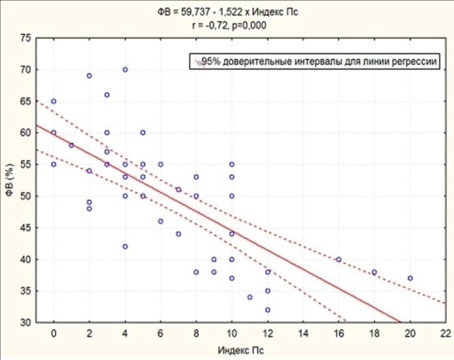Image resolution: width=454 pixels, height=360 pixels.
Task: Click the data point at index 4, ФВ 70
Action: point(125,70)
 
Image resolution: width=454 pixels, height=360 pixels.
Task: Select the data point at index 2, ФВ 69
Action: point(89,76)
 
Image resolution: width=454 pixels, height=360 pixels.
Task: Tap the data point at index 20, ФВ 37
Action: point(410,278)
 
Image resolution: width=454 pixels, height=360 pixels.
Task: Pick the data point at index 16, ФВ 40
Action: point(339,260)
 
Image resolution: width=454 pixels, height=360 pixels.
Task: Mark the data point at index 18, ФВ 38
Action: point(374,272)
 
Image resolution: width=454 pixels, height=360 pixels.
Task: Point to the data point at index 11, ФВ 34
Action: point(250,297)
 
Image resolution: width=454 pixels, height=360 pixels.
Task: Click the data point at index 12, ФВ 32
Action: point(267,310)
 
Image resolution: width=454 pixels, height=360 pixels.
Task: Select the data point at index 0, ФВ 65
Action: point(54,101)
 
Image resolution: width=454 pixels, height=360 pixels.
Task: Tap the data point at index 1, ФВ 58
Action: point(71,145)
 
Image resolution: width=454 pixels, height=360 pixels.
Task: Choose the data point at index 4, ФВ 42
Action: point(125,247)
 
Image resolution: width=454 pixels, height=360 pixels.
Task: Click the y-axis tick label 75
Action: point(25,38)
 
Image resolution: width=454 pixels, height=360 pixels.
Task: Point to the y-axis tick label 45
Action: point(25,227)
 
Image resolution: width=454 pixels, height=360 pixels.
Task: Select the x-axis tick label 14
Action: point(303,333)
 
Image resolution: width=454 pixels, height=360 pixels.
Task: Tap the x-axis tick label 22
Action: point(446,333)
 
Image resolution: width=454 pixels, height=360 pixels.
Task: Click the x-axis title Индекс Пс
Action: point(241,351)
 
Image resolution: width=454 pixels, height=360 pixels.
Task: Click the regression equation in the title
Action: point(228,12)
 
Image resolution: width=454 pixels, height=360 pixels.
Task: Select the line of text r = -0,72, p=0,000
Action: point(229,25)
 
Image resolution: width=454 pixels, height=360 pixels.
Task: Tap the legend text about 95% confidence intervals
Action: point(319,61)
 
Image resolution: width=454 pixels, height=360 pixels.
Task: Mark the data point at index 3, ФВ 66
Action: point(107,95)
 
